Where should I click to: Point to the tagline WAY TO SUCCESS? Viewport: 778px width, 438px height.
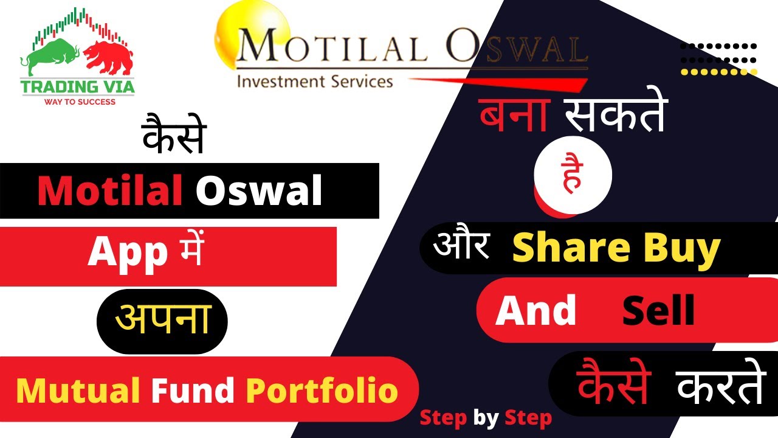pos(80,102)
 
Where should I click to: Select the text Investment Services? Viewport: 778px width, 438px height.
pos(314,80)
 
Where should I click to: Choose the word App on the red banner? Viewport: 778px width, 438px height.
pos(127,252)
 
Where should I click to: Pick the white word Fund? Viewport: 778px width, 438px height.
pos(194,391)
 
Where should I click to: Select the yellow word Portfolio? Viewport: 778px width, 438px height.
pos(322,391)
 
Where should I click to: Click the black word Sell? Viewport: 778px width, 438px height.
pos(658,311)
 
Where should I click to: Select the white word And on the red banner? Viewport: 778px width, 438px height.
pos(535,311)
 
